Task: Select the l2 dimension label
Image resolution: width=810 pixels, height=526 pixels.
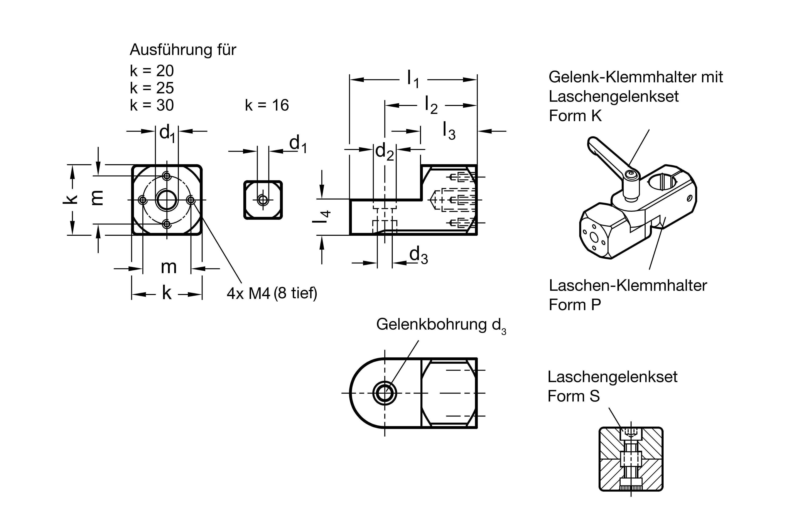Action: tap(431, 105)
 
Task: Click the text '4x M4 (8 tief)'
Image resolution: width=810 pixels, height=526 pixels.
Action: tap(272, 293)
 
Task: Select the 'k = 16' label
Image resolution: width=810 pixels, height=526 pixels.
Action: tap(267, 105)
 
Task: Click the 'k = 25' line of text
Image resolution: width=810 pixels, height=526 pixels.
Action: tap(152, 88)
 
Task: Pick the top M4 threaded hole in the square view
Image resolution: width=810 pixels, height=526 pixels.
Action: tap(166, 176)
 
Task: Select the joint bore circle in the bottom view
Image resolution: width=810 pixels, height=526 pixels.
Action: tap(385, 393)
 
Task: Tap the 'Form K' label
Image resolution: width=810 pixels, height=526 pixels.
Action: tap(575, 116)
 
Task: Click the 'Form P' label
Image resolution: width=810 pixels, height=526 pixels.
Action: tap(575, 305)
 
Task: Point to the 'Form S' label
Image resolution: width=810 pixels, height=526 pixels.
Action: tap(574, 396)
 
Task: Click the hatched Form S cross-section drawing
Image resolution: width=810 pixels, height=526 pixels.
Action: tap(631, 459)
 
